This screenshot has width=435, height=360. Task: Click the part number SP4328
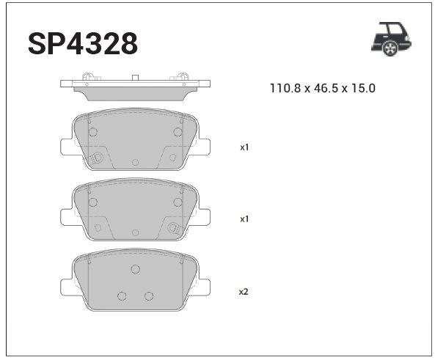coord(83,43)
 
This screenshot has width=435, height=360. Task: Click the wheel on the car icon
coord(390,48)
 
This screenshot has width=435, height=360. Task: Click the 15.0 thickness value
coord(363,88)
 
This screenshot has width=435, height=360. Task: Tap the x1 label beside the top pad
coord(244,147)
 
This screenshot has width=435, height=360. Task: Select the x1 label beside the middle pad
coord(244,219)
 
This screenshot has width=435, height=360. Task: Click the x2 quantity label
coord(244,291)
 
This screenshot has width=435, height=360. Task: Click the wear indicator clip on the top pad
coord(95,157)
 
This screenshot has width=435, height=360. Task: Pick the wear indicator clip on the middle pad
coord(175,228)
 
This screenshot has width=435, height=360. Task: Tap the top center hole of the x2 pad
coord(135,269)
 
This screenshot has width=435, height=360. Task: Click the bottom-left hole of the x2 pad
coord(122,295)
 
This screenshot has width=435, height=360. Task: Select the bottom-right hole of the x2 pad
coord(148,295)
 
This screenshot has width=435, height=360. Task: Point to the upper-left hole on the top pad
coord(92,132)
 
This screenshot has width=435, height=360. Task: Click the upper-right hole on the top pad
coord(178,132)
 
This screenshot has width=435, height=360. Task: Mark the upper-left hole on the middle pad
coord(92,202)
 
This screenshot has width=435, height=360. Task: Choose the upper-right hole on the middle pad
coord(178,202)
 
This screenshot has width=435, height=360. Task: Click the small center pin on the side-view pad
coord(135,77)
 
